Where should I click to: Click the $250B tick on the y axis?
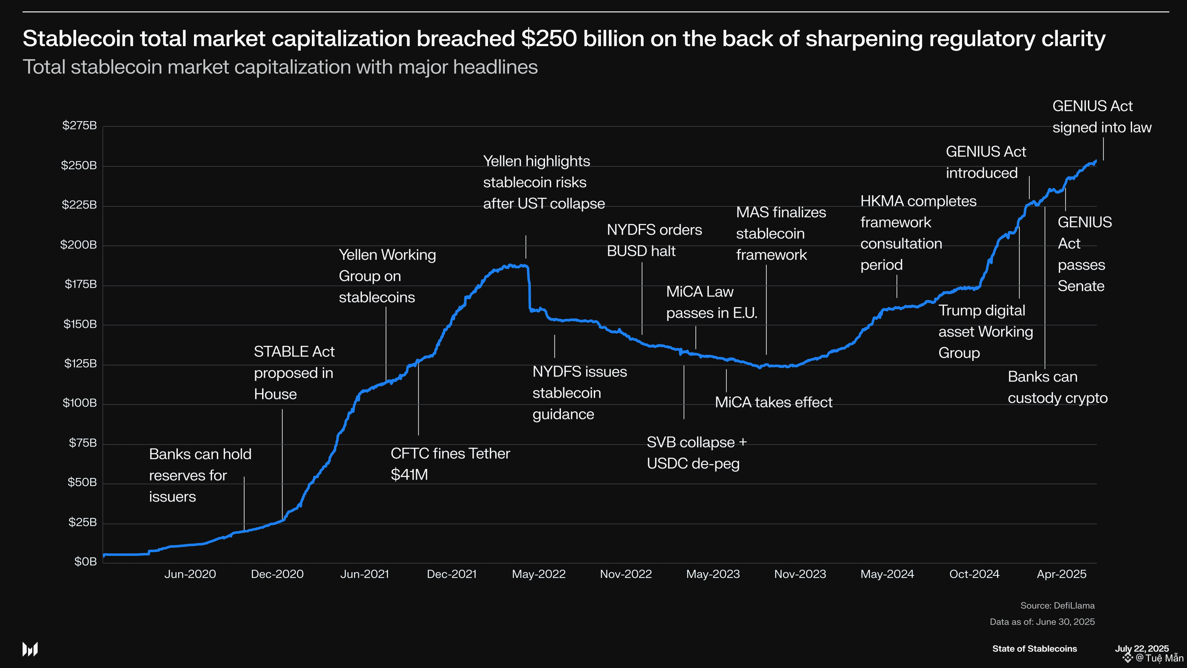click(x=79, y=165)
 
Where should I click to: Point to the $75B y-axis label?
click(x=82, y=442)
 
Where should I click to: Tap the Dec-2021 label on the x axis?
click(x=452, y=574)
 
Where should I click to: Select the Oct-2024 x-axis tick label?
click(x=974, y=574)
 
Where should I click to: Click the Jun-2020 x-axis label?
click(x=190, y=574)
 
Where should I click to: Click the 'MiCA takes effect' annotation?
click(x=773, y=403)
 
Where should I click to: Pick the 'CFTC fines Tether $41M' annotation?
click(x=450, y=464)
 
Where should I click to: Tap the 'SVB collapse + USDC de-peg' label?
click(x=696, y=453)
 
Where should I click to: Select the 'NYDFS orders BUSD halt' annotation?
click(x=654, y=240)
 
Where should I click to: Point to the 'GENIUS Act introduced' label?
click(x=986, y=162)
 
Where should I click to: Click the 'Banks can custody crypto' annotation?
click(x=1057, y=387)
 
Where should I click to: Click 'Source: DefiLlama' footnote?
click(x=1057, y=605)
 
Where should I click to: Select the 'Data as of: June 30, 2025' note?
click(x=1042, y=622)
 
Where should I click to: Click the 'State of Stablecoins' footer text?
click(x=1034, y=649)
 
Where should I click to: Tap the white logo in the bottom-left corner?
click(x=30, y=649)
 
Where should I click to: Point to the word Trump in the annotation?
click(x=958, y=311)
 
